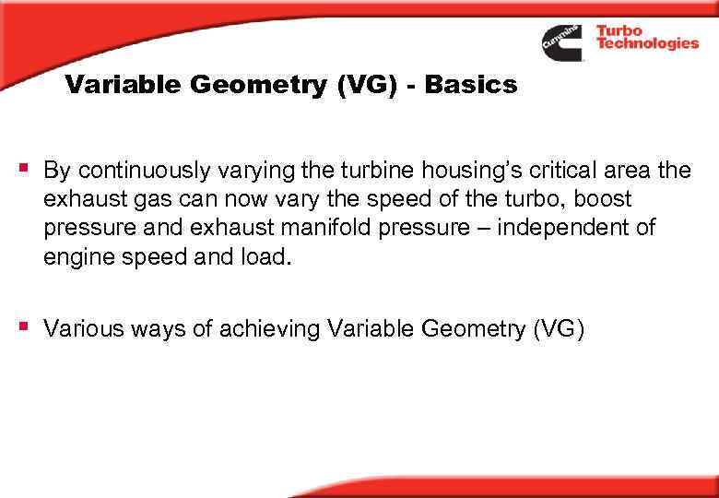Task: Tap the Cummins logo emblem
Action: click(x=561, y=41)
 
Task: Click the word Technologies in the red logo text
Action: click(x=647, y=43)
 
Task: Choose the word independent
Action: click(x=569, y=227)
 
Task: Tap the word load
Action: click(x=267, y=255)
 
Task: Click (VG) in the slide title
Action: click(x=333, y=86)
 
